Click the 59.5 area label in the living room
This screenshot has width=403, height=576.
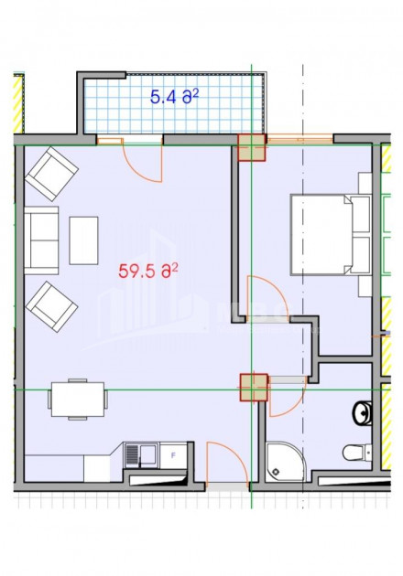[x=147, y=270]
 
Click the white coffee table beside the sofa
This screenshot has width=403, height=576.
[x=83, y=240]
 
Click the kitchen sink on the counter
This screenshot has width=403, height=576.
[x=141, y=454]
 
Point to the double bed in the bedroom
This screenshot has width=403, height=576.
[x=321, y=234]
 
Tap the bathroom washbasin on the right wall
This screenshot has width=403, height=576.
[x=362, y=411]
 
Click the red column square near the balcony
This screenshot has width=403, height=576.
[x=250, y=146]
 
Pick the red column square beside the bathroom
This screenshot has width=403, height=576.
[x=252, y=388]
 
